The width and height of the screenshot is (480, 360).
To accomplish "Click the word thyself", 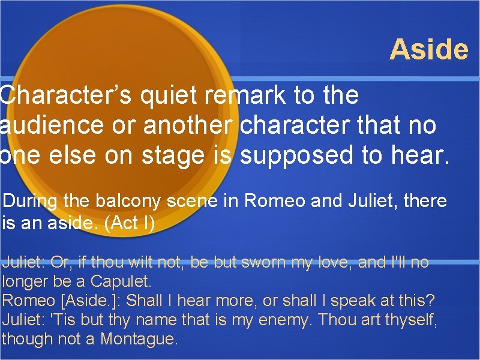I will point(410,319).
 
